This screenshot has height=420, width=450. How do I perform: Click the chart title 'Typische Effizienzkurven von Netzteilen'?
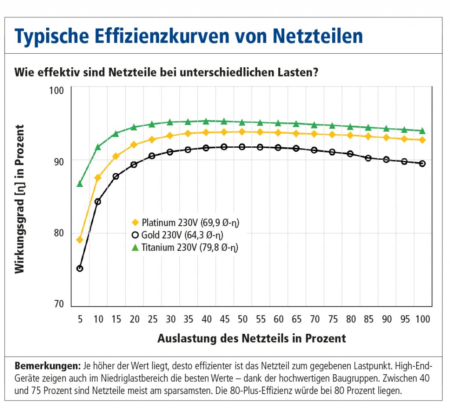189,36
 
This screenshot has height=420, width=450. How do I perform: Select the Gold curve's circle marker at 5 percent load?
80,268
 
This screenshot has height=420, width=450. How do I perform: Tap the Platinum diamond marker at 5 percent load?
80,240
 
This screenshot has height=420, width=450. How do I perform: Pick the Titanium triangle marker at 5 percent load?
80,184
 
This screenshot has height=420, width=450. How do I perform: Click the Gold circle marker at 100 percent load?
422,164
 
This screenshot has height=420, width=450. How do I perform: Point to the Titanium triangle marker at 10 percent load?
98,147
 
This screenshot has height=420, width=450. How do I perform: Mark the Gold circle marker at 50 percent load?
242,146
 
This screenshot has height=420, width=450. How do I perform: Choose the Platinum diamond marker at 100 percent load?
422,140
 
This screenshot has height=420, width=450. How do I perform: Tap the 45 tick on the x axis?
224,319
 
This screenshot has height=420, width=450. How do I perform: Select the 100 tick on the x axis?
422,319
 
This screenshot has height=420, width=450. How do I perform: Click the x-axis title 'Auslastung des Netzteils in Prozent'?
251,338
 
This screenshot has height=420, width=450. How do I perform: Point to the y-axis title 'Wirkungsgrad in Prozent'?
20,199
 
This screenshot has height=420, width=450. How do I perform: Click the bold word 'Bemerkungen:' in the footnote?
47,366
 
